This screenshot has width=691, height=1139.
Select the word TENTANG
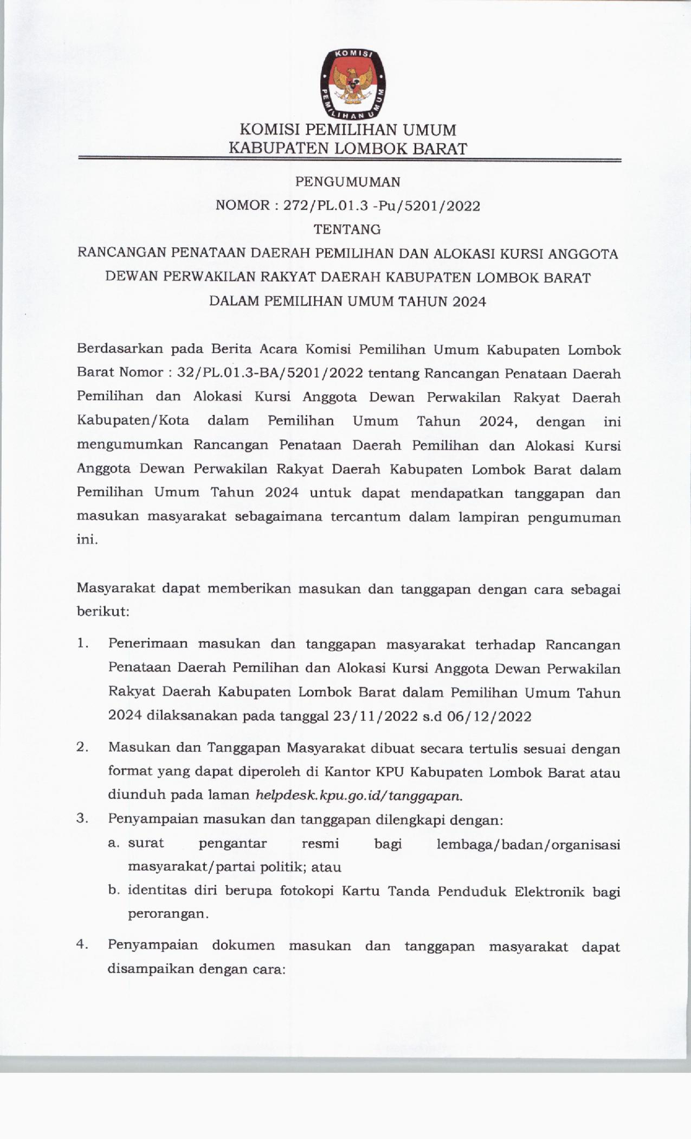(347, 229)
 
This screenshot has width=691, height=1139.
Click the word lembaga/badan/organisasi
(528, 844)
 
